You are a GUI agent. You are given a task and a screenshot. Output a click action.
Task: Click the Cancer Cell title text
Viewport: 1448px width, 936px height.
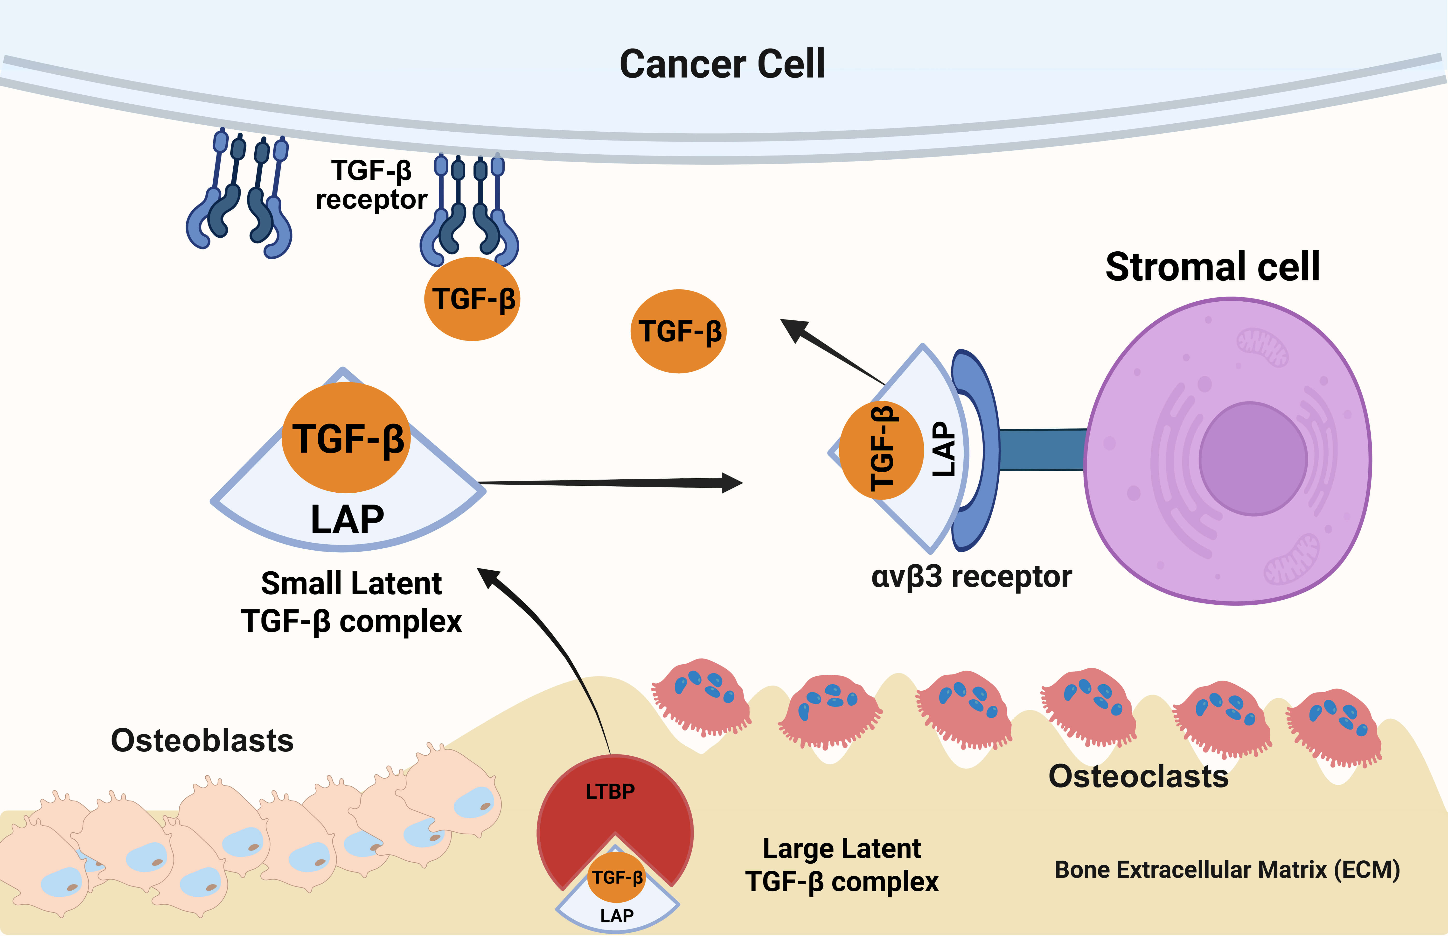pyautogui.click(x=722, y=64)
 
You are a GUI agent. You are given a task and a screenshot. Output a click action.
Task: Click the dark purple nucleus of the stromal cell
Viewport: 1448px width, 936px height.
pyautogui.click(x=1253, y=459)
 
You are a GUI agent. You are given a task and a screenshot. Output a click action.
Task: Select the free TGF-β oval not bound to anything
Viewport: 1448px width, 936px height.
pyautogui.click(x=678, y=331)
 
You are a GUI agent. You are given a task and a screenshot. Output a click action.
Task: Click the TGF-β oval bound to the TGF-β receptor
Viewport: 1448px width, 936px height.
pyautogui.click(x=472, y=299)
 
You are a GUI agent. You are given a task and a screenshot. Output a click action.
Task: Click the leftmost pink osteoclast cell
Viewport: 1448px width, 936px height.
pyautogui.click(x=702, y=696)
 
